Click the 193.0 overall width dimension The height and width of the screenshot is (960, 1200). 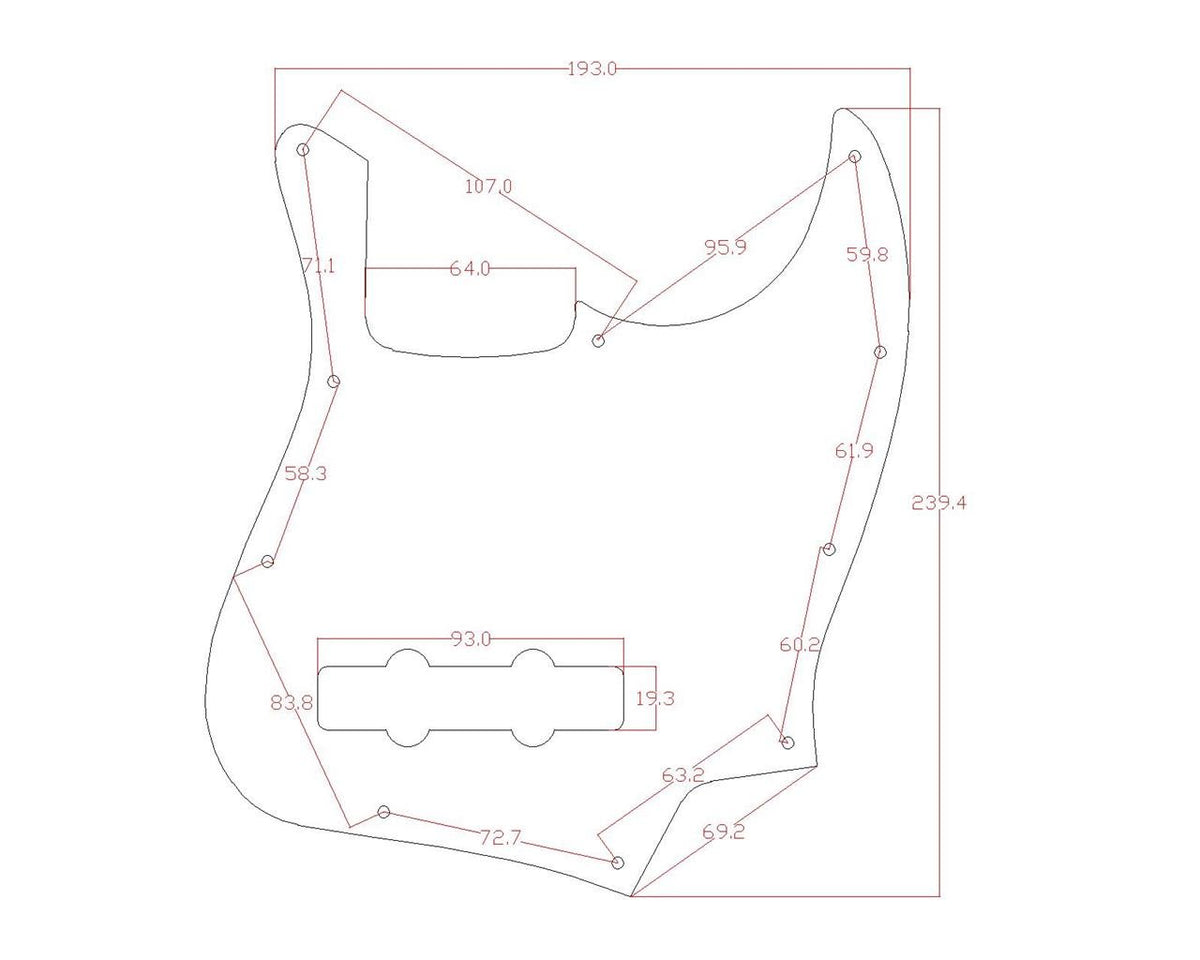(592, 69)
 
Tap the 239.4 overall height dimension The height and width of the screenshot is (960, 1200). (939, 503)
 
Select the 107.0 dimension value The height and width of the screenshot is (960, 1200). (488, 186)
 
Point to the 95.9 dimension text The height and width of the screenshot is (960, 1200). (725, 247)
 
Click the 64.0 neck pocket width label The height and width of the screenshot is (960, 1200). (470, 269)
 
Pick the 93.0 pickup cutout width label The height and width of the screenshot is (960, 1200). (471, 639)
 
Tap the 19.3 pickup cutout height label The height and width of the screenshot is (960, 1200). (655, 698)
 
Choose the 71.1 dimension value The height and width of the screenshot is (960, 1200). (318, 266)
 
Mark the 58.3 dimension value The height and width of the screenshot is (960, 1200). (306, 474)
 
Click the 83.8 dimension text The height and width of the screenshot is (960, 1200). (292, 703)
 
